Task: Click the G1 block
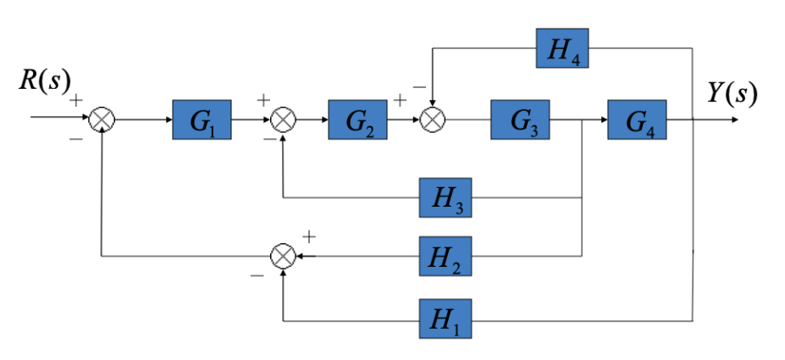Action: pyautogui.click(x=202, y=120)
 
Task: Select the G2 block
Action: pyautogui.click(x=357, y=120)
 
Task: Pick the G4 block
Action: pyautogui.click(x=636, y=120)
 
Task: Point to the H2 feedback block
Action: pyautogui.click(x=445, y=255)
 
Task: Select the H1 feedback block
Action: pyautogui.click(x=445, y=319)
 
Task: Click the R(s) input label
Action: pyautogui.click(x=41, y=81)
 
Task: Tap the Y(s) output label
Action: pyautogui.click(x=732, y=92)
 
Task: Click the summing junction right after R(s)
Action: pyautogui.click(x=102, y=120)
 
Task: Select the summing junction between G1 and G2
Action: pyautogui.click(x=282, y=120)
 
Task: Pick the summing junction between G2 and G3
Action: pyautogui.click(x=433, y=120)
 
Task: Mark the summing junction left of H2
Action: pyautogui.click(x=282, y=255)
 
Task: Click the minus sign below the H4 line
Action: pyautogui.click(x=418, y=87)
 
